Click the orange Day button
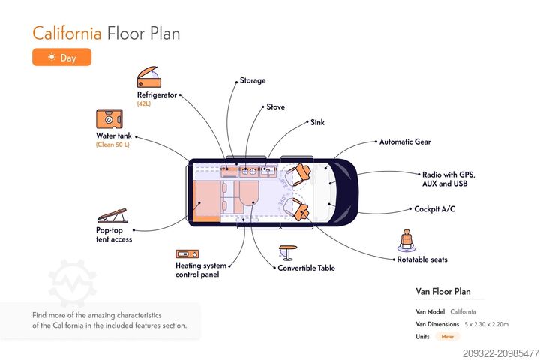(x=61, y=57)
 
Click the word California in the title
(x=67, y=33)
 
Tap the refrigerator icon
(x=148, y=77)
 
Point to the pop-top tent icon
(x=112, y=214)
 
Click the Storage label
(x=253, y=80)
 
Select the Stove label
(x=276, y=107)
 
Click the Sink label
(x=317, y=121)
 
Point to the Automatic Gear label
(x=405, y=142)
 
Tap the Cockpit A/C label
(x=435, y=209)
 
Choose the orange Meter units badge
(x=448, y=337)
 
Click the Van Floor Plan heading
(x=443, y=292)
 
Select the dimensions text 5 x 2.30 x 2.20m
(x=486, y=324)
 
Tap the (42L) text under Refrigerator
(x=144, y=103)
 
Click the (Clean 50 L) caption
(x=112, y=145)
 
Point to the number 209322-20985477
(x=500, y=352)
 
